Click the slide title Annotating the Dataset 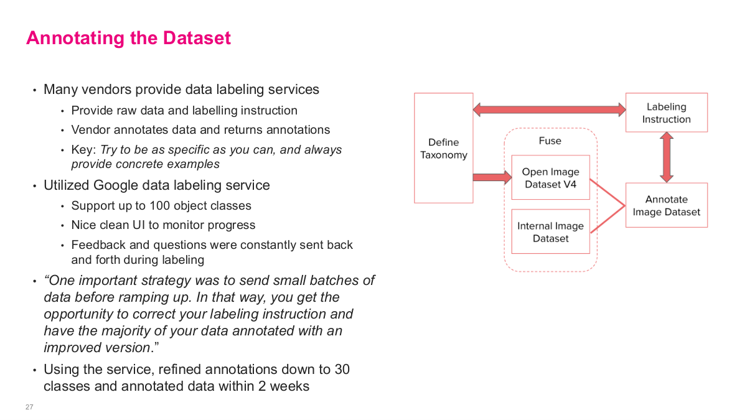click(x=128, y=38)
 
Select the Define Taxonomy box click(x=443, y=148)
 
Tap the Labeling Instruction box click(x=666, y=113)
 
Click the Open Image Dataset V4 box click(x=550, y=177)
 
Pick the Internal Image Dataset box click(x=550, y=231)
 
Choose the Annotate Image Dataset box click(x=666, y=205)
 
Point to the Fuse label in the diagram click(x=550, y=141)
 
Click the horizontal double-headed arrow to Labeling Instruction click(x=549, y=110)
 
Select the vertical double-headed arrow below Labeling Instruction click(x=667, y=157)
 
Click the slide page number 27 click(x=29, y=407)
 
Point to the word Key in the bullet click(x=83, y=150)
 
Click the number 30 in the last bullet click(x=342, y=369)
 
